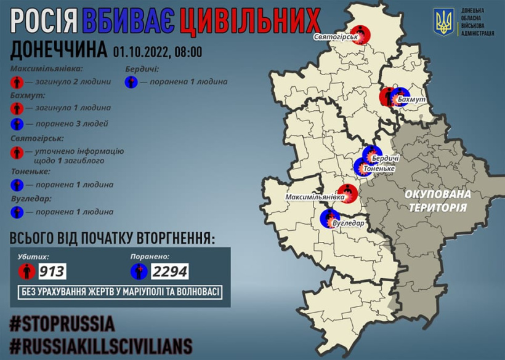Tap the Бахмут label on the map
pyautogui.click(x=412, y=99)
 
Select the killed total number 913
pyautogui.click(x=52, y=271)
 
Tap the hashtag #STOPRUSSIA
pyautogui.click(x=62, y=324)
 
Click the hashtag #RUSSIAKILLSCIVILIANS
pyautogui.click(x=101, y=345)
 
